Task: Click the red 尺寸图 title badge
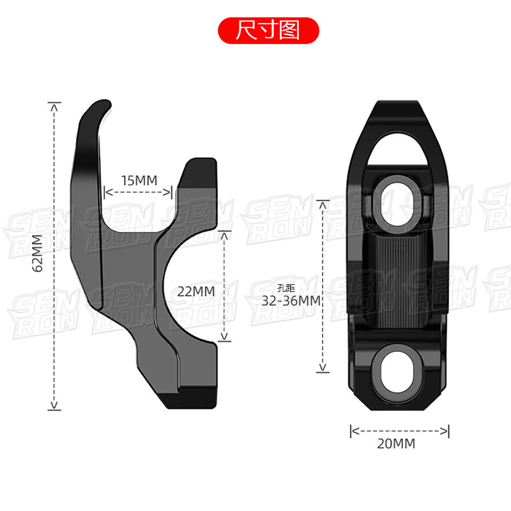click(x=268, y=31)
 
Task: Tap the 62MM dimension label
click(x=38, y=253)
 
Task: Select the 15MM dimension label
click(x=139, y=180)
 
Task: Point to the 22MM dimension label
click(x=196, y=291)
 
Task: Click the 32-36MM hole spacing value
click(x=291, y=300)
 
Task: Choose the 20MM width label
click(x=396, y=443)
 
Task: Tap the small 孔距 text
click(x=286, y=288)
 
